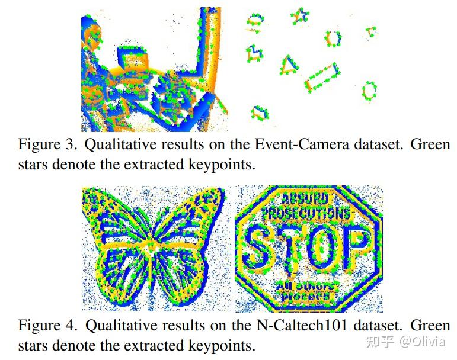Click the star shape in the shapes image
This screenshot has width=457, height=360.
(300, 16)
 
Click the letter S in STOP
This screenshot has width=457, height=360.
(258, 247)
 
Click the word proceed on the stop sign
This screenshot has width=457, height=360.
(306, 296)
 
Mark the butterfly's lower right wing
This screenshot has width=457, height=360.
(184, 272)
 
